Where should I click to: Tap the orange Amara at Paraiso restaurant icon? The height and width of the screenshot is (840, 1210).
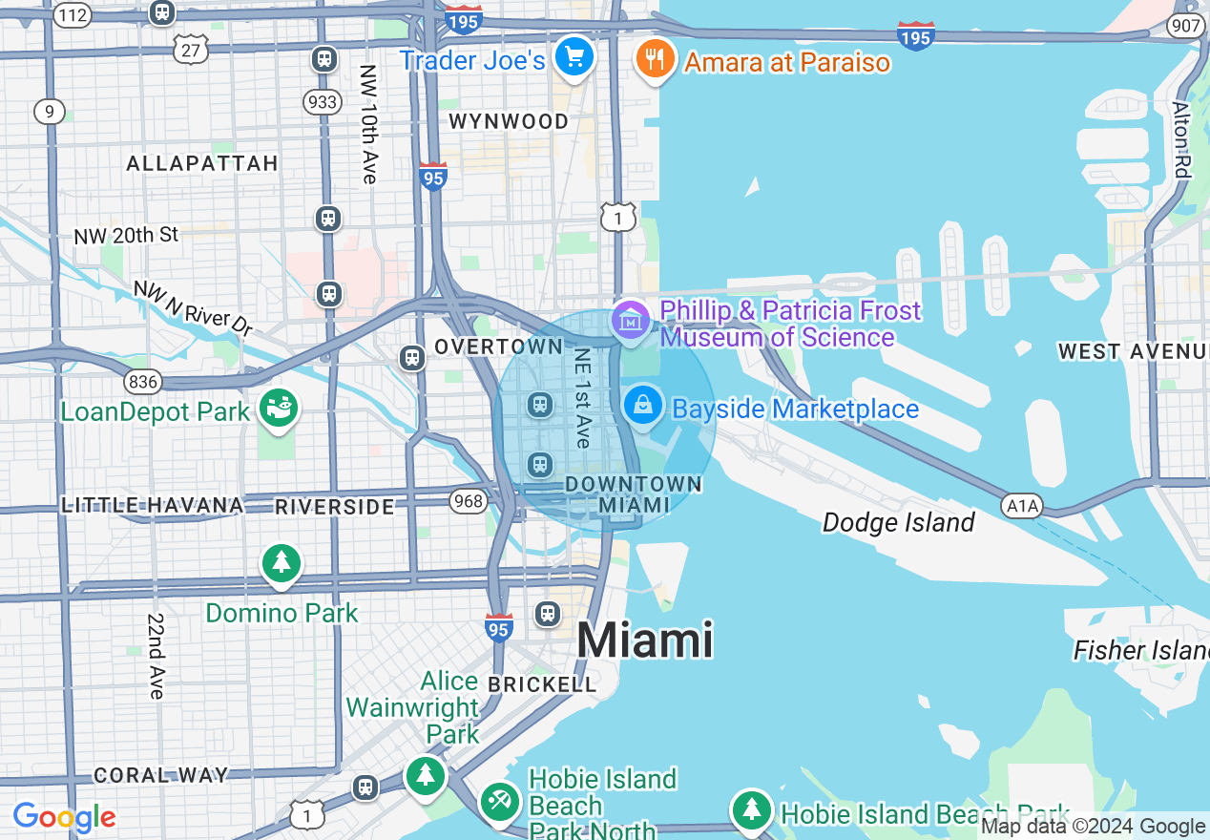655,59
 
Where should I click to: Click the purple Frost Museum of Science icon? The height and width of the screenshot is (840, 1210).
631,321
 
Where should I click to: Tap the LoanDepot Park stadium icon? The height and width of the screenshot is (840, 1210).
279,409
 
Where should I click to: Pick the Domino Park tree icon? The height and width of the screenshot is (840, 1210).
282,563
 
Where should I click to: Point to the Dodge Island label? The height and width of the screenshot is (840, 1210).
898,522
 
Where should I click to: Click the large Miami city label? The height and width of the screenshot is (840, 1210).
645,640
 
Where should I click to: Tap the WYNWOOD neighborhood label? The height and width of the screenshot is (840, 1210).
509,121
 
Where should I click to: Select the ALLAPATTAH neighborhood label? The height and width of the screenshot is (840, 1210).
202,163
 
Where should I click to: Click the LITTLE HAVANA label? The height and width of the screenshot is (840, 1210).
153,505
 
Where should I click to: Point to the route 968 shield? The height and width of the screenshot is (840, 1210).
469,500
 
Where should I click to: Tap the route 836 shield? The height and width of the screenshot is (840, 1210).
143,382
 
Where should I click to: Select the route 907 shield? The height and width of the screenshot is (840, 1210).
1186,26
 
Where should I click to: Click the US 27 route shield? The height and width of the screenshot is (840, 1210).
192,50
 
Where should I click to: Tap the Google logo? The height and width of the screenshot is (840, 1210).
64,817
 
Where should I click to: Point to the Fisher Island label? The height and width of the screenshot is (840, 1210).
1140,651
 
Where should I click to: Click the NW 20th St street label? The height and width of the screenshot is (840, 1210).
126,235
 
